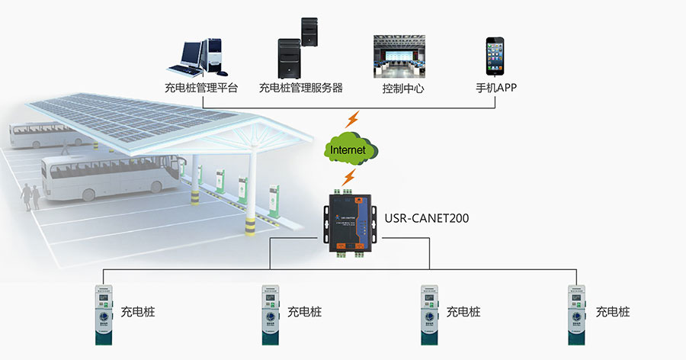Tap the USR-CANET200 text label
pos(427,219)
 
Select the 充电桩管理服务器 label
pos(300,88)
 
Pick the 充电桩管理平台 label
pos(200,88)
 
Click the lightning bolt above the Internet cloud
pos(352,120)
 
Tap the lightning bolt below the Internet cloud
pos(349,178)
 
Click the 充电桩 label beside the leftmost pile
pos(137,312)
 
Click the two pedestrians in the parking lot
pos(30,196)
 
